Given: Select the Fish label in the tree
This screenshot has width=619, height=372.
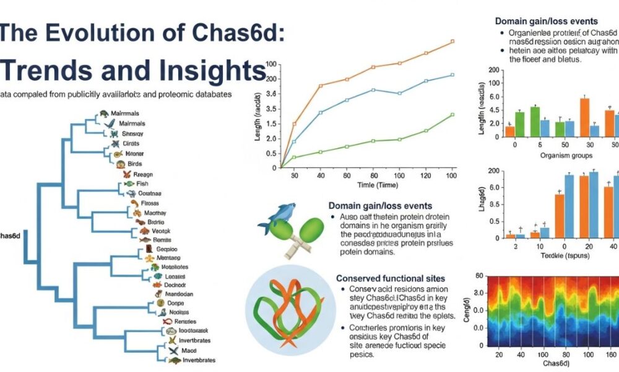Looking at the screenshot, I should coord(143,184).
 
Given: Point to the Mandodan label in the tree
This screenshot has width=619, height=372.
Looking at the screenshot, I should coord(180,294).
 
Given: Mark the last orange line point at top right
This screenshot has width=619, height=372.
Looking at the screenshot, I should coord(452,42).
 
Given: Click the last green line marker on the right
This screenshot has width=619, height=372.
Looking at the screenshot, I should coord(452,115).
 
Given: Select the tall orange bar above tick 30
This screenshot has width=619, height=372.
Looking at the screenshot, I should coord(584,117).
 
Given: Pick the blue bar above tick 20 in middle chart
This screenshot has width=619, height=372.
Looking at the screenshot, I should coord(594,205).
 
